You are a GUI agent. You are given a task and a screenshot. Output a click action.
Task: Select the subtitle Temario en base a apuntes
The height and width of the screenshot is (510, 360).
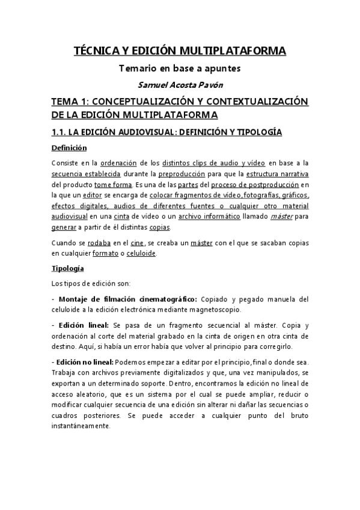tap(180, 69)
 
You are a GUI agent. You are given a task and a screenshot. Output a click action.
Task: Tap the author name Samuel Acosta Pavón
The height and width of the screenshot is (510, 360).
tap(180, 85)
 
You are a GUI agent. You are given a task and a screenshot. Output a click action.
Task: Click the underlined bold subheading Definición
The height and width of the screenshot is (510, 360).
tap(69, 148)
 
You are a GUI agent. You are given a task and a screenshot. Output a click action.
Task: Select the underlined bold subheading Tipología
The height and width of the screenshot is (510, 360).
tap(67, 268)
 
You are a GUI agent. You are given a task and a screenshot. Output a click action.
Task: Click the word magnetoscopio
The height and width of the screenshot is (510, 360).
tap(214, 310)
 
